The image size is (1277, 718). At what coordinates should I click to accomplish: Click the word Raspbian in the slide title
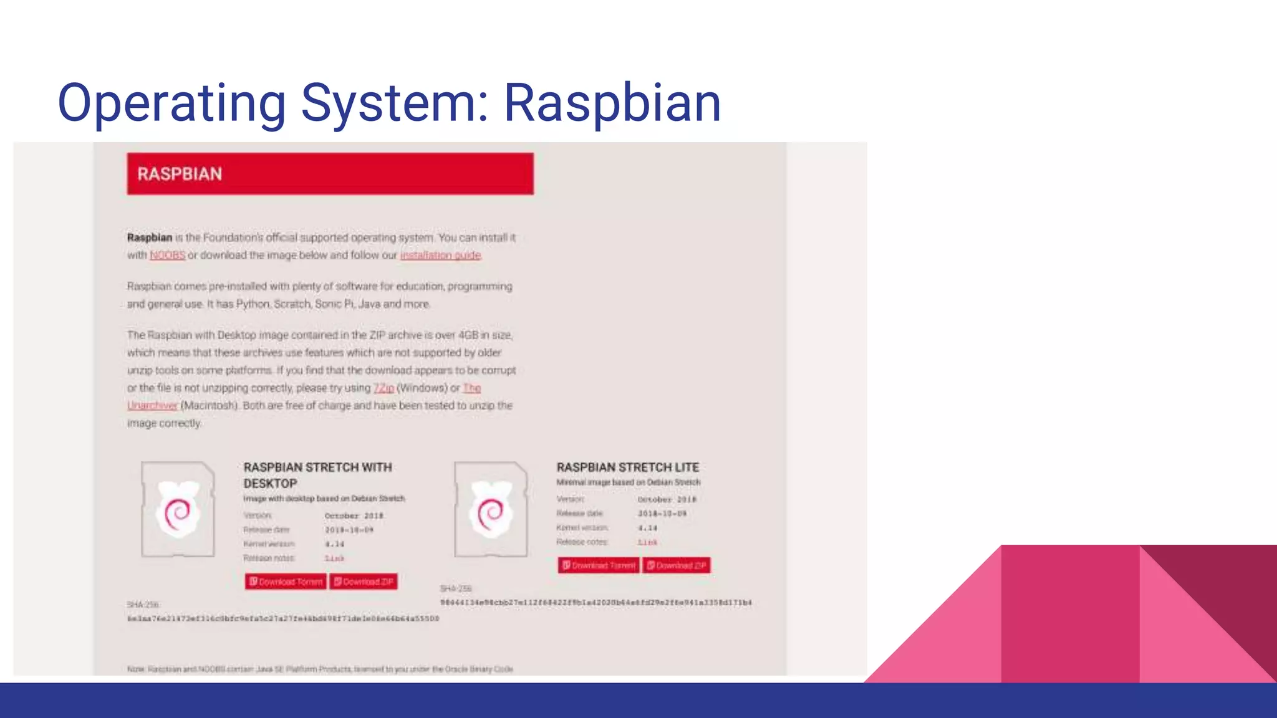612,103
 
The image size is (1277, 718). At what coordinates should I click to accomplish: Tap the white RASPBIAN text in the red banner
180,174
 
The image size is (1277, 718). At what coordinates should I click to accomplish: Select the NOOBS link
167,256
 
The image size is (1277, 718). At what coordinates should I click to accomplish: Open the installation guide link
440,256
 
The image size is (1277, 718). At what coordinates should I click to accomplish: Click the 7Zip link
383,388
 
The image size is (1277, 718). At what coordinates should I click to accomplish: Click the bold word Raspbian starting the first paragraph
150,237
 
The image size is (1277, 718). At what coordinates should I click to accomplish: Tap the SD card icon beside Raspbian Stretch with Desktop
178,509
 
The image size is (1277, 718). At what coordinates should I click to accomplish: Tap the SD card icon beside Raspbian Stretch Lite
491,509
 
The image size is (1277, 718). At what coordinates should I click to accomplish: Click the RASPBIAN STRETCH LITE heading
627,467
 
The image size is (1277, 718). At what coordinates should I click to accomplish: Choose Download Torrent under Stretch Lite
599,565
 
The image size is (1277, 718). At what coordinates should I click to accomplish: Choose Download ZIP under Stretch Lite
677,565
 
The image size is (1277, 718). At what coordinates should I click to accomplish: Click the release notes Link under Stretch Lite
647,542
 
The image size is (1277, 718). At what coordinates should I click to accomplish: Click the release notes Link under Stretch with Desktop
334,558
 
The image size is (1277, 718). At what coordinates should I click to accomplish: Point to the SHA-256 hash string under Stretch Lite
595,603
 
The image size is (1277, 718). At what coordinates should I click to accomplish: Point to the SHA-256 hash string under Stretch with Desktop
283,619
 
